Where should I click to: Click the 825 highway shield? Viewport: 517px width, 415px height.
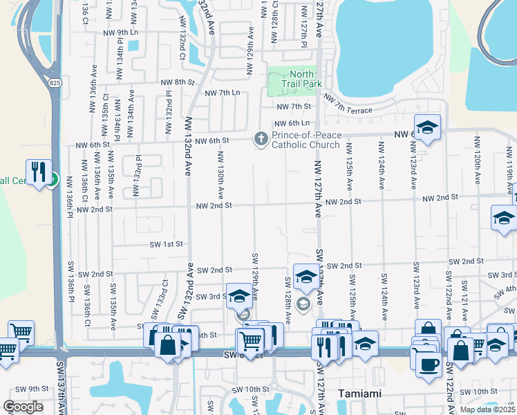[55, 83]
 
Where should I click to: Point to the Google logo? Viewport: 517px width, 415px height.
[22, 406]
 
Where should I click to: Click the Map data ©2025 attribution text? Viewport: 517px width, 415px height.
[487, 409]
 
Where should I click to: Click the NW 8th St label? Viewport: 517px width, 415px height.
[177, 82]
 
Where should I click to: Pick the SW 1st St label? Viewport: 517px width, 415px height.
[167, 244]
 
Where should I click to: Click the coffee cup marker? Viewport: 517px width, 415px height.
[427, 363]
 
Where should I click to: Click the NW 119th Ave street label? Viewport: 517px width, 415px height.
[509, 167]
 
